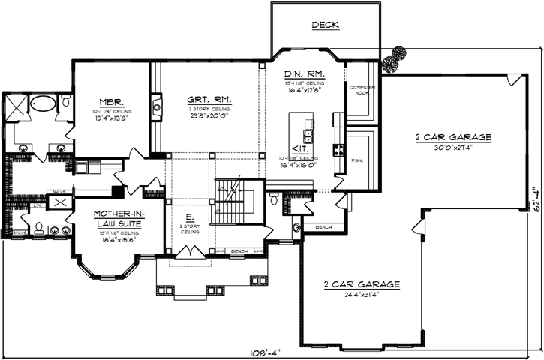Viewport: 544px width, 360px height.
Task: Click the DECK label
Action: click(325, 25)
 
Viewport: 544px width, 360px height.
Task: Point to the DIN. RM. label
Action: click(303, 73)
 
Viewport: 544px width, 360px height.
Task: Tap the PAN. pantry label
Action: click(357, 160)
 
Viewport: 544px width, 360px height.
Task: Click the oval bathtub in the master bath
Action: click(44, 104)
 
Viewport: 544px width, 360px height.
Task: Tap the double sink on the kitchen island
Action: click(308, 136)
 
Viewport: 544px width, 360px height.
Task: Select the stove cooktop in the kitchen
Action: click(339, 148)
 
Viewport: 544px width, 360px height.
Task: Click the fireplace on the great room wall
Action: click(156, 107)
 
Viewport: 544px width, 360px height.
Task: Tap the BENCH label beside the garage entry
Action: click(324, 226)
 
